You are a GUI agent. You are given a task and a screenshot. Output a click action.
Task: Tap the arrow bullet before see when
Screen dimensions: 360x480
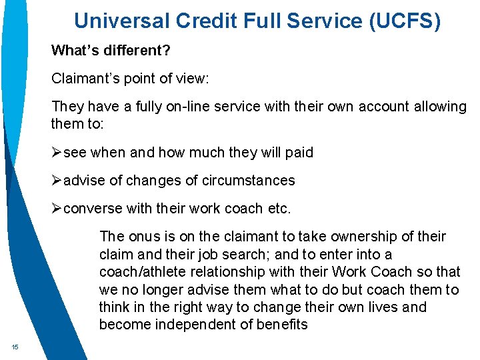click(57, 153)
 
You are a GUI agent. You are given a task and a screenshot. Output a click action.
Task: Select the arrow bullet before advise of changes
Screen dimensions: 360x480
click(57, 181)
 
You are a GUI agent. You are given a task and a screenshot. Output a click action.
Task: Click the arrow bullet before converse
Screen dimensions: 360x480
click(57, 209)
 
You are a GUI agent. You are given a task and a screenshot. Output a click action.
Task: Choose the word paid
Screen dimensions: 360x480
click(298, 153)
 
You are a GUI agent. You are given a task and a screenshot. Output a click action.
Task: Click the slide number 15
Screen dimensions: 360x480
click(14, 347)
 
